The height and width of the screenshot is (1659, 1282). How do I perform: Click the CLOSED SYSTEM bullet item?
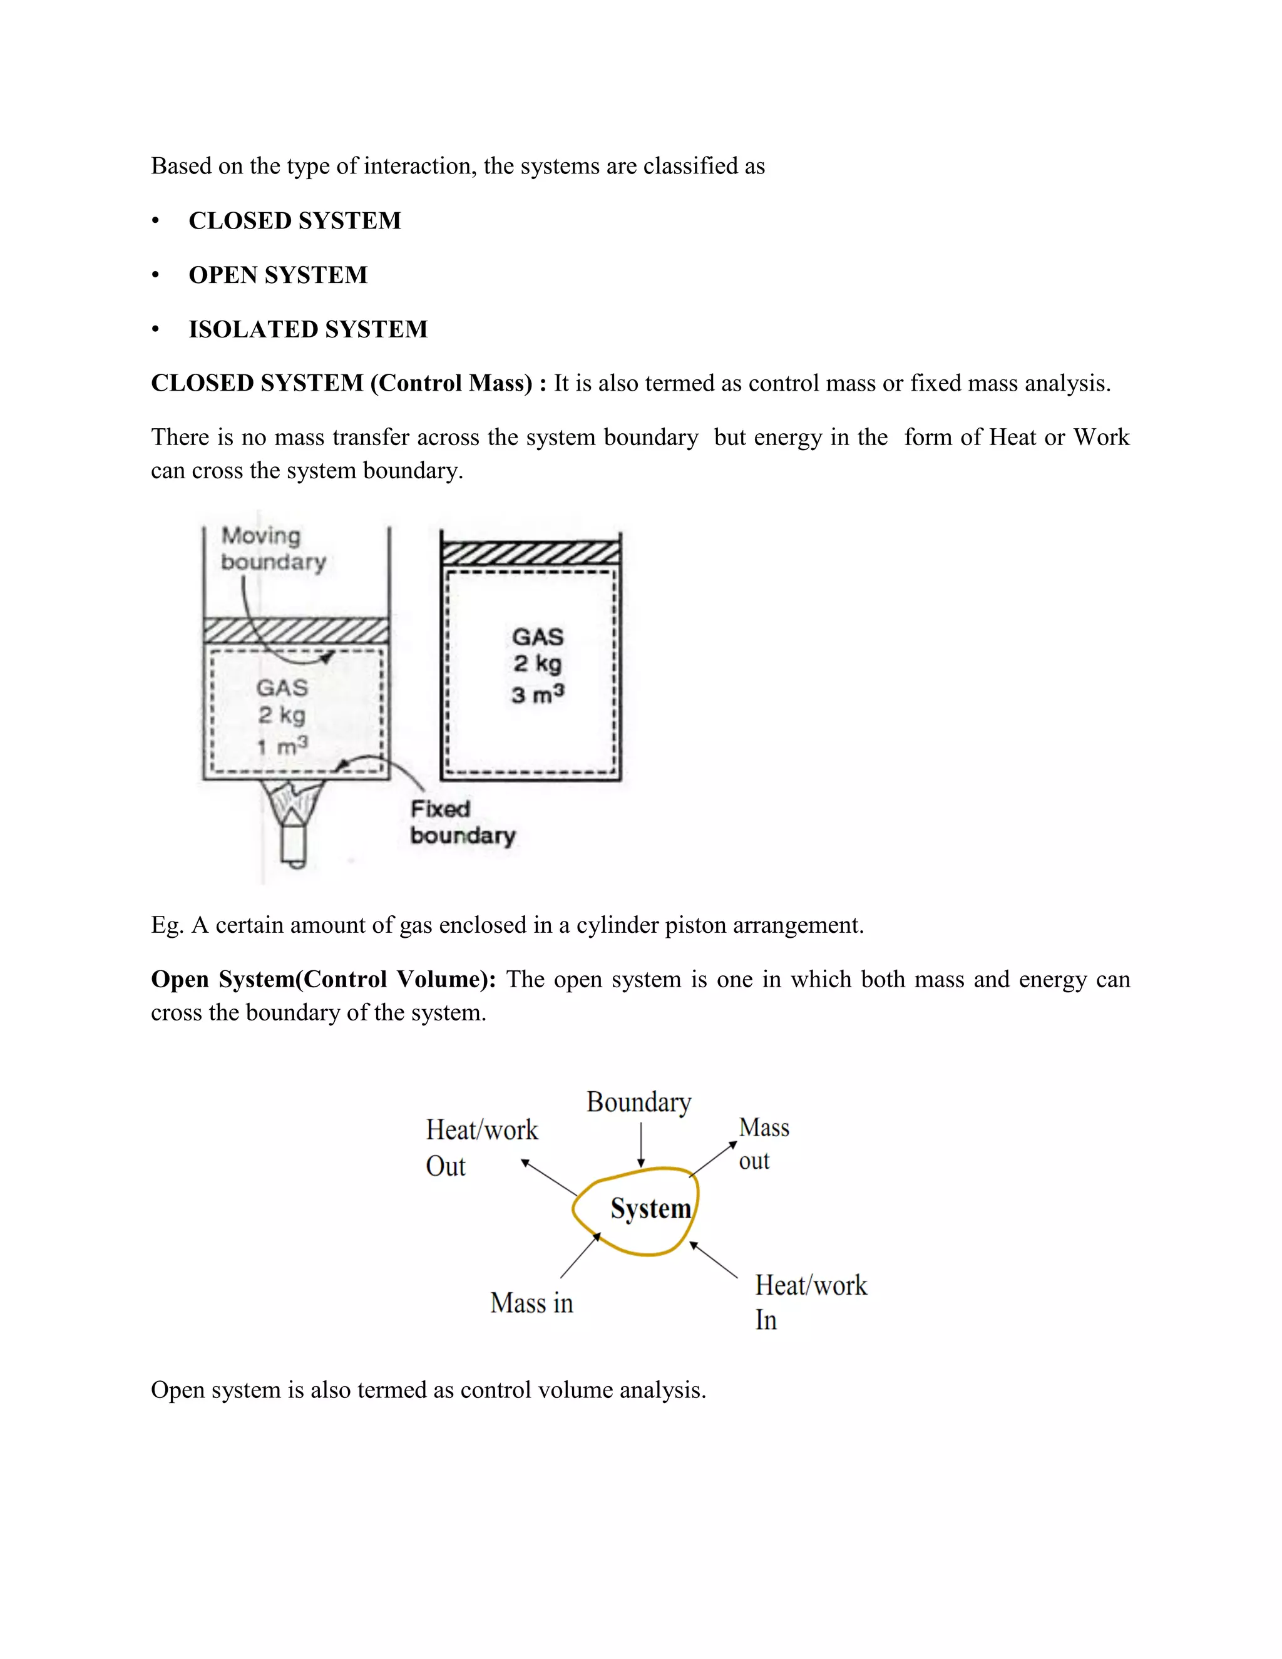[294, 220]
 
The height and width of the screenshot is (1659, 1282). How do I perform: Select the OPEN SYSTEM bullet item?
[277, 275]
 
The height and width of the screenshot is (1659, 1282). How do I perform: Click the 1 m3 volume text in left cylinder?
[282, 746]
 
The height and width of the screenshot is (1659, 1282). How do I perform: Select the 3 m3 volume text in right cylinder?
[538, 694]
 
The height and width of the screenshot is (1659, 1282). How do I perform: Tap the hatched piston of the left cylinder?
[296, 631]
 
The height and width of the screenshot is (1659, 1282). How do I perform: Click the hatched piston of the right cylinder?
[530, 552]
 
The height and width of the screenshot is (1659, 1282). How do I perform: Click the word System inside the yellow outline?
[651, 1208]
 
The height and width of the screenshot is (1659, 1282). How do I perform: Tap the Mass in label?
[531, 1303]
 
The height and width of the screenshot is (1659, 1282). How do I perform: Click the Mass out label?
[763, 1143]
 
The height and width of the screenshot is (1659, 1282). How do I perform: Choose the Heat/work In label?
[809, 1302]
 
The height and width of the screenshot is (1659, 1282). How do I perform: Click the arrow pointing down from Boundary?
[641, 1146]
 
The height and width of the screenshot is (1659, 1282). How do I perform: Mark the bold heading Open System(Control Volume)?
[323, 979]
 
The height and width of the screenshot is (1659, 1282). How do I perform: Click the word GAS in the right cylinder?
[538, 637]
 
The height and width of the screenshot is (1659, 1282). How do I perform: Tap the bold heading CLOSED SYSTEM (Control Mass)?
[342, 383]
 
